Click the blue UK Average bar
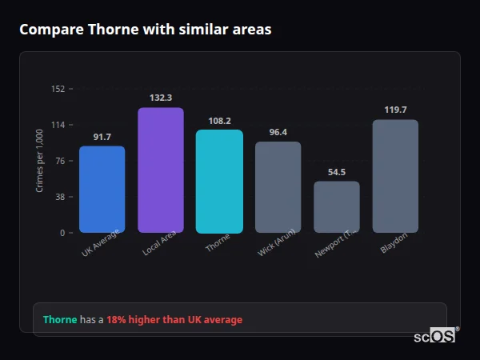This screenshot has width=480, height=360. (102, 190)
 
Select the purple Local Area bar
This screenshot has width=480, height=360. (161, 170)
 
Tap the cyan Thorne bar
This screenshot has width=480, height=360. (219, 182)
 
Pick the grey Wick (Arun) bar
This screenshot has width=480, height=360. (278, 187)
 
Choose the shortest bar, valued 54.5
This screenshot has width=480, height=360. (337, 207)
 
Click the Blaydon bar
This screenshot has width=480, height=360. (395, 176)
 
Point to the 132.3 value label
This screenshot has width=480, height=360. (161, 98)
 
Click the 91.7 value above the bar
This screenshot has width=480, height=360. (102, 137)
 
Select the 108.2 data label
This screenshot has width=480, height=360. (219, 121)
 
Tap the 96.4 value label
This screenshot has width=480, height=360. (278, 132)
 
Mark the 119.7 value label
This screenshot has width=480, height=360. (395, 110)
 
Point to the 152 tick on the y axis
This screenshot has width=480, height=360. (58, 89)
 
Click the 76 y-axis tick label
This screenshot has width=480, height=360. (60, 161)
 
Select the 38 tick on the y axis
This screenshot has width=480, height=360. (60, 197)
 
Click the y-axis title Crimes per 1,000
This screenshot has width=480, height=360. (40, 161)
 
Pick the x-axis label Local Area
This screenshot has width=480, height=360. (160, 245)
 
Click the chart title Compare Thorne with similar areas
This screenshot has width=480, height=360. (145, 30)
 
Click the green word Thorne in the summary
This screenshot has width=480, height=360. (60, 320)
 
